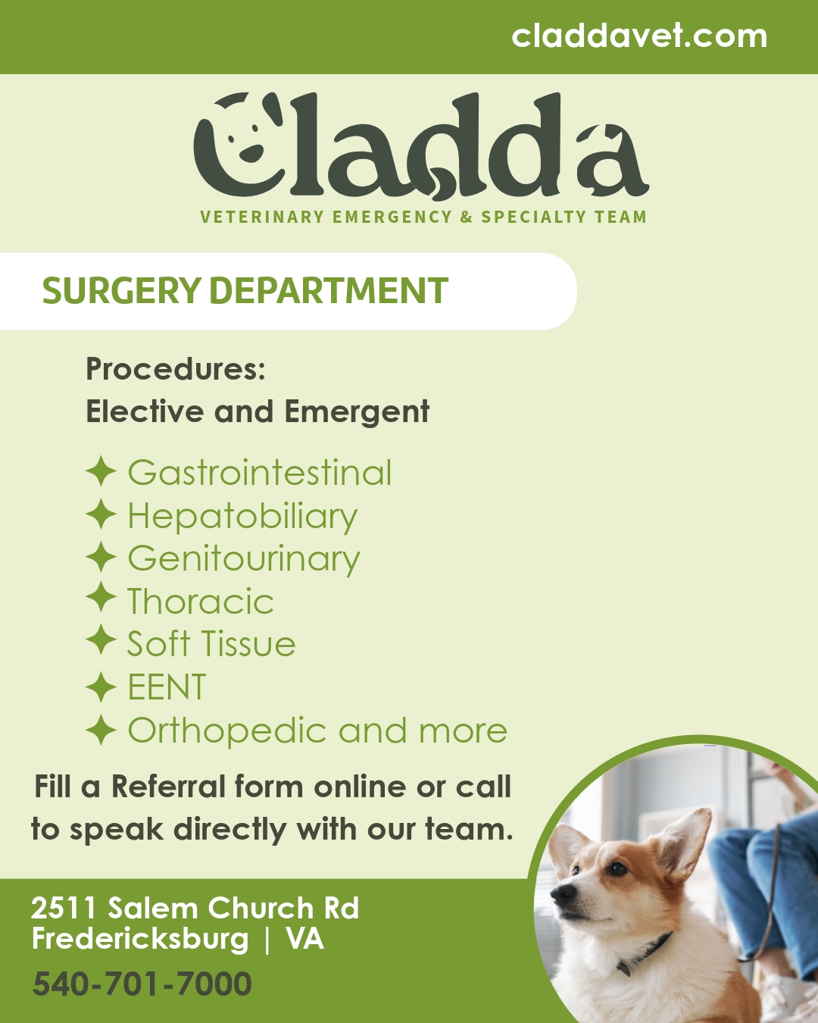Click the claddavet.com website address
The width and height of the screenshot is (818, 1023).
click(639, 36)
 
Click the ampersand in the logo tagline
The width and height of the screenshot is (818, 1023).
click(466, 217)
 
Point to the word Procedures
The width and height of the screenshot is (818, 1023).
click(175, 369)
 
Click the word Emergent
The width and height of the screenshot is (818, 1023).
click(357, 412)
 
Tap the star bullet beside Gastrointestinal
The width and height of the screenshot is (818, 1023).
click(101, 472)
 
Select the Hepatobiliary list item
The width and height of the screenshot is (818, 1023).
click(242, 517)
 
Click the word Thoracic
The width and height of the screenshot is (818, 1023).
click(200, 602)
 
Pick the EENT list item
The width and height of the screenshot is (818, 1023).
click(167, 687)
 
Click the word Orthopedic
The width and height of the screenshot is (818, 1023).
click(227, 731)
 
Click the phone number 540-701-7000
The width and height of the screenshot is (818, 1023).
click(142, 984)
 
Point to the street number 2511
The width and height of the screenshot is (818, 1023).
click(64, 908)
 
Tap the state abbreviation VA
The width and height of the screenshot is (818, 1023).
click(304, 939)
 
